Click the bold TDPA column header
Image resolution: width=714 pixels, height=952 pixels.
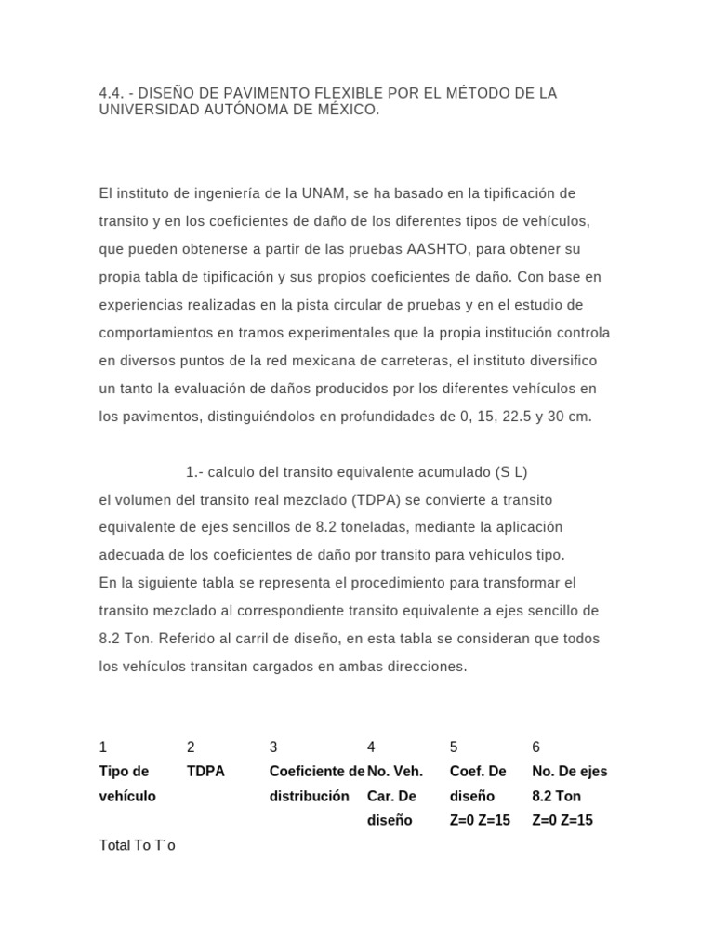[205, 772]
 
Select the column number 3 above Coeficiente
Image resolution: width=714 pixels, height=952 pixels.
[273, 747]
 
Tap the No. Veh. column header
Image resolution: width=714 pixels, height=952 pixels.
[395, 772]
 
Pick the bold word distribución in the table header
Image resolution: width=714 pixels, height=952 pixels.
[310, 796]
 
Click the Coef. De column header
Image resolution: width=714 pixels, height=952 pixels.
[478, 772]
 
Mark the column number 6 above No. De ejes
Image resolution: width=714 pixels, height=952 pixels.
[535, 747]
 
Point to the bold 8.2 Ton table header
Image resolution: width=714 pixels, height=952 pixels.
[555, 796]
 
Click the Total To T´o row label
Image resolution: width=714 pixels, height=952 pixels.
[137, 845]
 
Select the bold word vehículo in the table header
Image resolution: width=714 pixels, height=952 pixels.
[127, 796]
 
